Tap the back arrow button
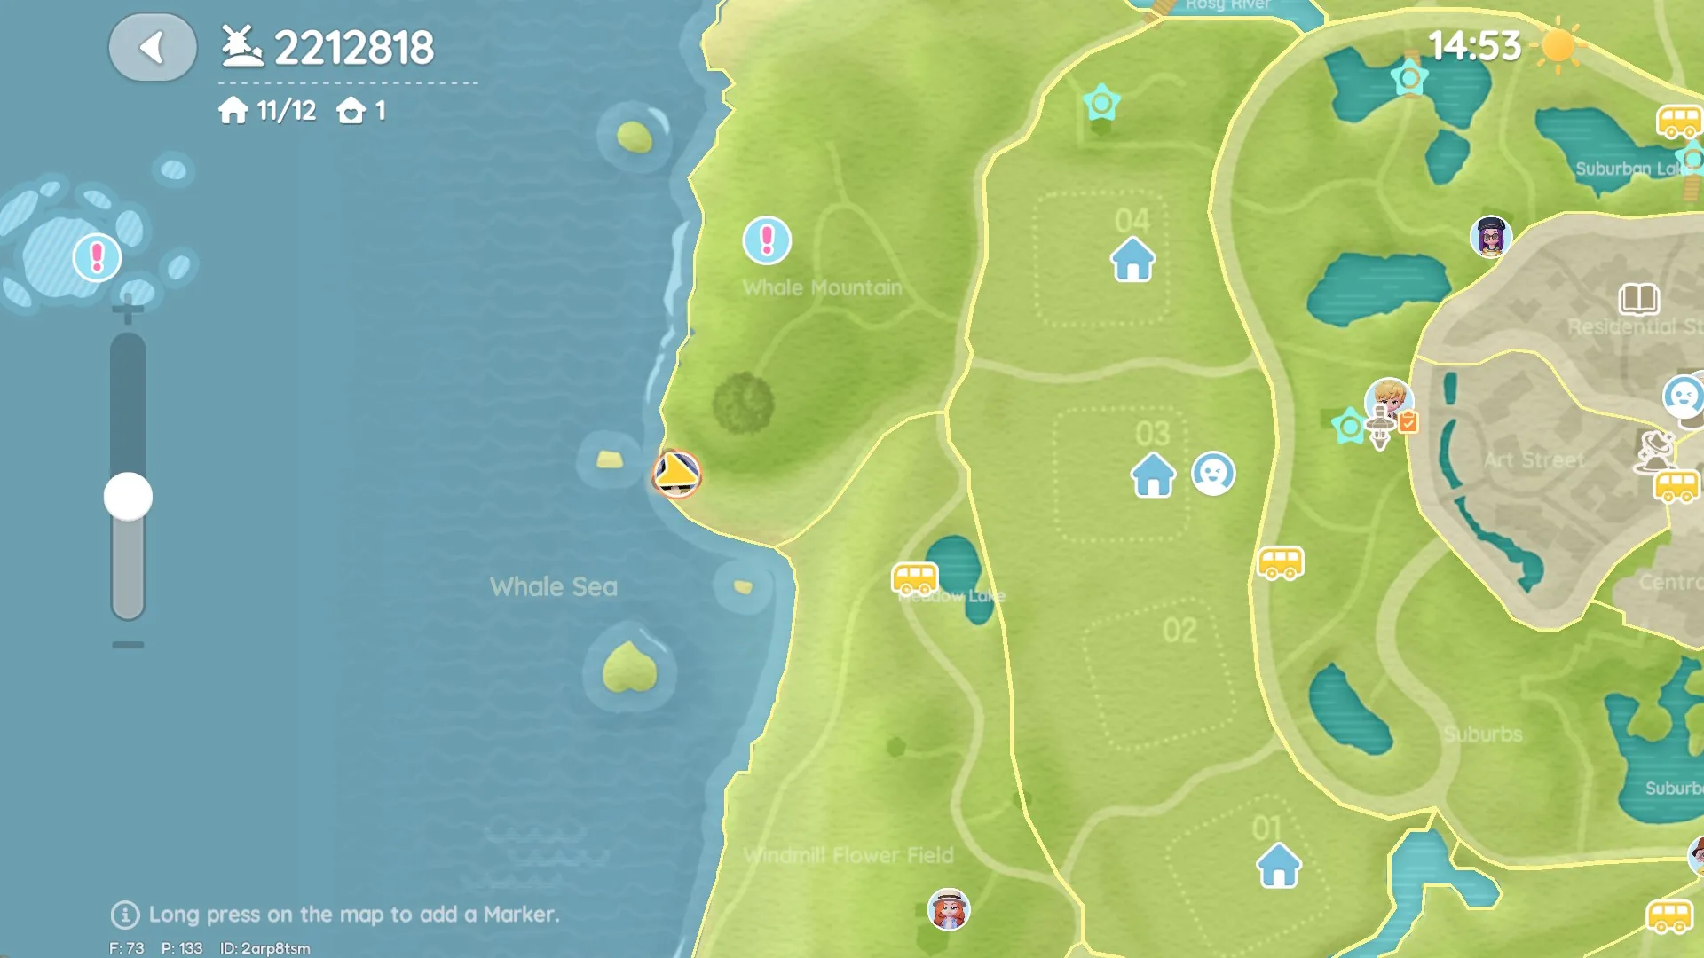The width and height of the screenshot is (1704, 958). click(153, 47)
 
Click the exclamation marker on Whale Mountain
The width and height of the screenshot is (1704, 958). click(767, 240)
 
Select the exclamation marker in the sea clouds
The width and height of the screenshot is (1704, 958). click(97, 258)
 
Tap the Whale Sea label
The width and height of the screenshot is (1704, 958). click(553, 586)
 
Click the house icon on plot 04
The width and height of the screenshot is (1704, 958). click(1132, 260)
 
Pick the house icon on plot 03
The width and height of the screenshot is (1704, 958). click(1153, 475)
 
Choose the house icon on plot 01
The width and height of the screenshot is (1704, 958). click(1278, 866)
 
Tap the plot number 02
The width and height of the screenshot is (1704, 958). click(1179, 631)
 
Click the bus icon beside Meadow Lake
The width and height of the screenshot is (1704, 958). click(914, 579)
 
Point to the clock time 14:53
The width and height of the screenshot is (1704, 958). click(1474, 46)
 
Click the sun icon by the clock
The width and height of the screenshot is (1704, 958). click(1558, 46)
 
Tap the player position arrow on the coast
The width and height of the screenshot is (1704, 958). click(676, 473)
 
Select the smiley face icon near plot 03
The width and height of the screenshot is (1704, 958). click(1212, 473)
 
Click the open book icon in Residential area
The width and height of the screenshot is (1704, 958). click(1638, 299)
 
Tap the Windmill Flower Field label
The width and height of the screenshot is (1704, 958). click(848, 855)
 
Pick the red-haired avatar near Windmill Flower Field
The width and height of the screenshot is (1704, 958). click(948, 910)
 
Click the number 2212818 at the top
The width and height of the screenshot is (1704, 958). click(354, 48)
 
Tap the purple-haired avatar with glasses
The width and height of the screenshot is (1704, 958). click(1490, 237)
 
